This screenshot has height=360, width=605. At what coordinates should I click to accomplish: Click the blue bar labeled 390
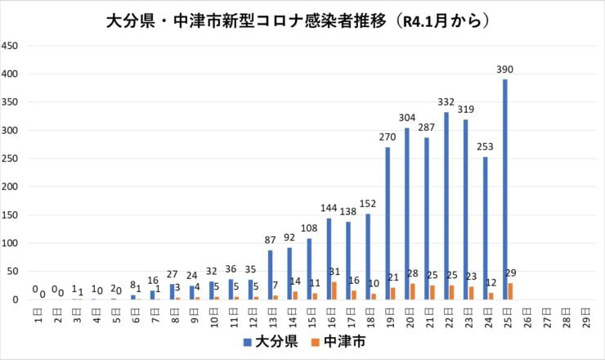[x=505, y=189]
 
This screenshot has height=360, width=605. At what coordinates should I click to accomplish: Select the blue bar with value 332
[x=446, y=205]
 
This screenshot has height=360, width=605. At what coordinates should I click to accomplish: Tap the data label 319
[x=465, y=109]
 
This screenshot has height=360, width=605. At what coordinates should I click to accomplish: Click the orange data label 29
[x=512, y=272]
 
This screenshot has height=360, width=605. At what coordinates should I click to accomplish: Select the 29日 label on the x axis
[x=585, y=315]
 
